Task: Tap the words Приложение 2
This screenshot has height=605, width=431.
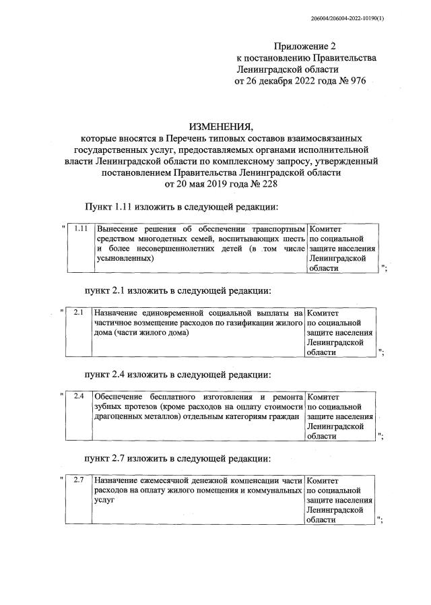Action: coord(304,46)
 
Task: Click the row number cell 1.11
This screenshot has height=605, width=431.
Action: coord(81,228)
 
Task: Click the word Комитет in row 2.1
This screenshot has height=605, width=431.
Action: coord(325,313)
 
